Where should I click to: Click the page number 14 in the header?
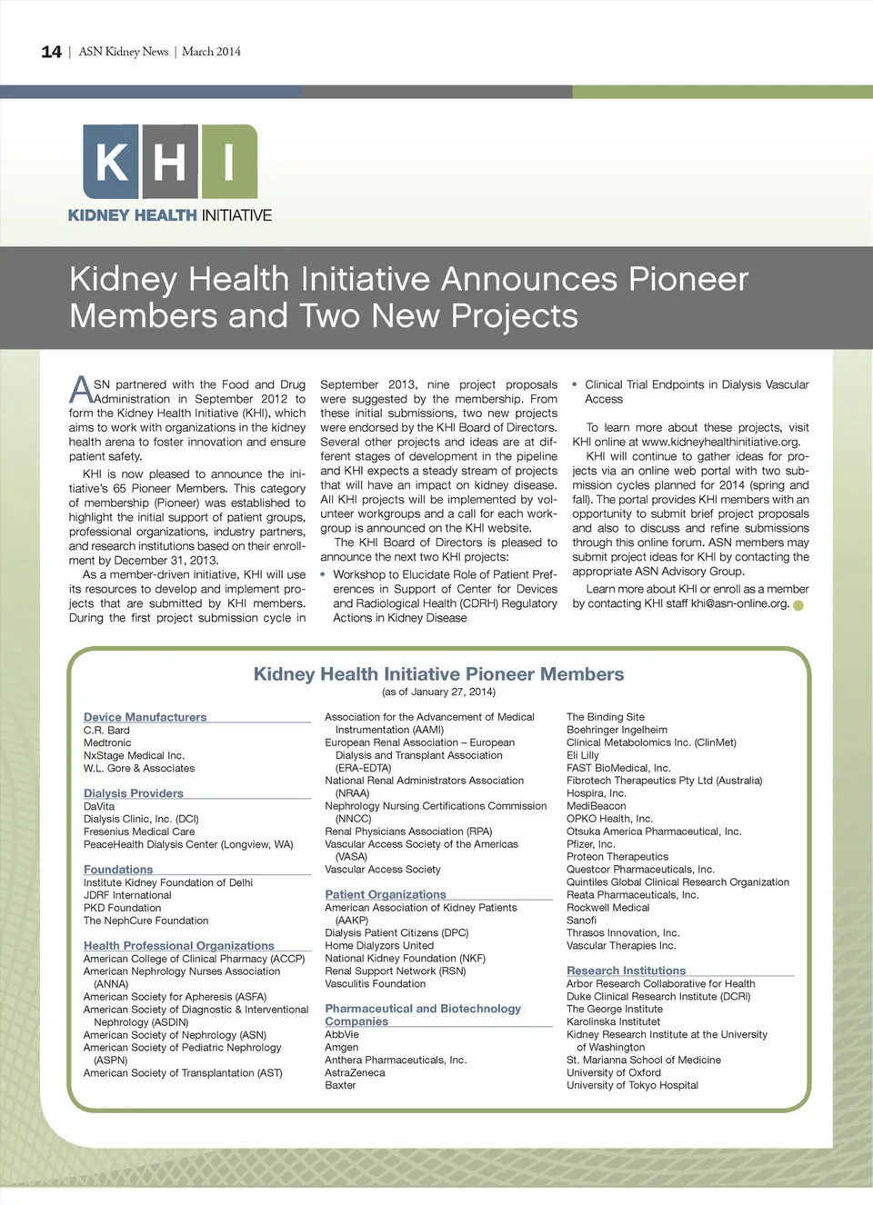[51, 52]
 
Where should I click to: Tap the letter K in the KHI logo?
[111, 162]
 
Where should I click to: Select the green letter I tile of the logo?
[229, 162]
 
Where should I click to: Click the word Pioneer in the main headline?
[688, 279]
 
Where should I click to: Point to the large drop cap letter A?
[80, 390]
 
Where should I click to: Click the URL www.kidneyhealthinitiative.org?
[720, 442]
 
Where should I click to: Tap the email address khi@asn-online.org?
[739, 603]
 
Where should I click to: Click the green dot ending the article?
[798, 605]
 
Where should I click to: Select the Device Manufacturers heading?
[145, 717]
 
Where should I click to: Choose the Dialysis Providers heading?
[133, 793]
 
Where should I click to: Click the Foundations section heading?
[118, 870]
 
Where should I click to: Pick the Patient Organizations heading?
[386, 894]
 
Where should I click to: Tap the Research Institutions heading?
[626, 971]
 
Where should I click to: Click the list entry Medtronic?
[107, 742]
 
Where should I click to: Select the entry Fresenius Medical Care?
[139, 832]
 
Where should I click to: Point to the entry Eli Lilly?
[583, 755]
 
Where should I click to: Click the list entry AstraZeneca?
[355, 1072]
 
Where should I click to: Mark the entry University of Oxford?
[614, 1072]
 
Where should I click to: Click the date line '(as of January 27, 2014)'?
[438, 692]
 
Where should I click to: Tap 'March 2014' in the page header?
[211, 52]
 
